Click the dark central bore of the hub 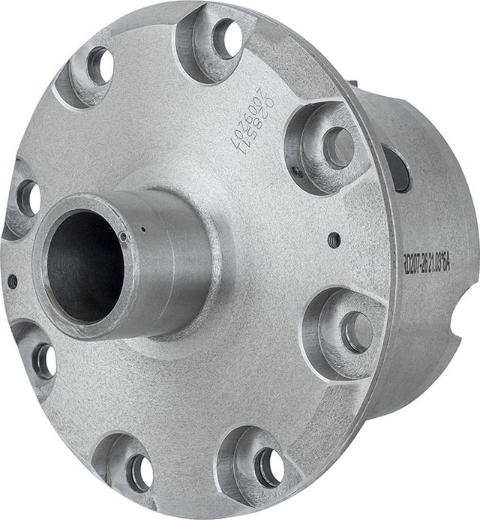click(85, 266)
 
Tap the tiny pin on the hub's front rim click(123, 238)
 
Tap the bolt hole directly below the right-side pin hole click(356, 331)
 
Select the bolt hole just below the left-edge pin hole click(43, 361)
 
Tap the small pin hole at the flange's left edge click(12, 281)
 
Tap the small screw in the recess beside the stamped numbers click(298, 171)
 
